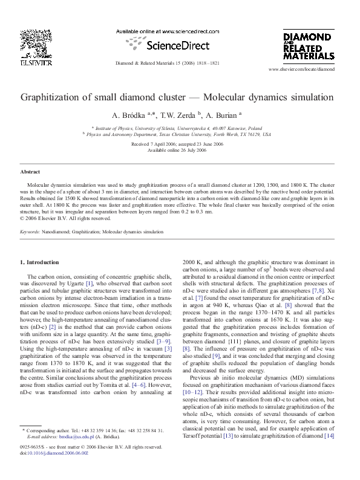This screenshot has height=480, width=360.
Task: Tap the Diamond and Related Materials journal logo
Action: coord(309,45)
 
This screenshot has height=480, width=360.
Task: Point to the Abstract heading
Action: coord(30,172)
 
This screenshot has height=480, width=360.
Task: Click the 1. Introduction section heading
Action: coord(40,262)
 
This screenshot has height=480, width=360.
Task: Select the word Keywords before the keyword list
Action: coord(30,232)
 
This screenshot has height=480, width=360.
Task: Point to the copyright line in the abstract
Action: coord(57,218)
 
